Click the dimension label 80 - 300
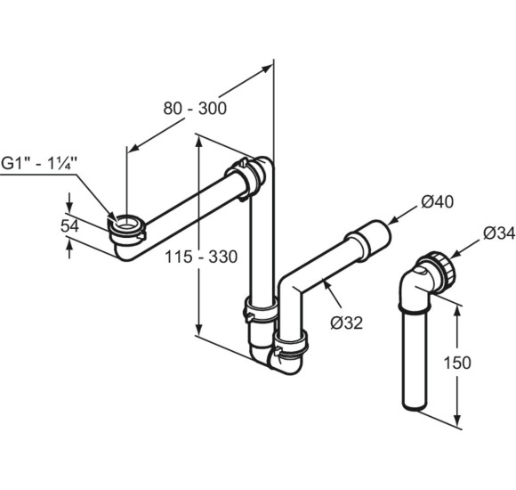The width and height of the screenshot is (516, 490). pos(195,109)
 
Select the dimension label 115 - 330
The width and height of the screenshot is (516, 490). pos(201,257)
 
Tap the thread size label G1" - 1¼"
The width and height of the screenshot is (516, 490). pos(39,163)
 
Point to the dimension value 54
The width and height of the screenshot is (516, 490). pos(69,226)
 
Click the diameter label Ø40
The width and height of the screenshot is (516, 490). pos(438,201)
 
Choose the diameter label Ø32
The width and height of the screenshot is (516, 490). pos(347,323)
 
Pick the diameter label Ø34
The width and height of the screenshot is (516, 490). pos(499,233)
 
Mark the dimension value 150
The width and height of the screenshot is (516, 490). pos(457,363)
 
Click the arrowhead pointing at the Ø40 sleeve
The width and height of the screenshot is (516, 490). pos(392,222)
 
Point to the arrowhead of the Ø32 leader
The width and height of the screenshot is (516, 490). pos(327,283)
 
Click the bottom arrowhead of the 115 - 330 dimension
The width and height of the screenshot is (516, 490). pos(198,329)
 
